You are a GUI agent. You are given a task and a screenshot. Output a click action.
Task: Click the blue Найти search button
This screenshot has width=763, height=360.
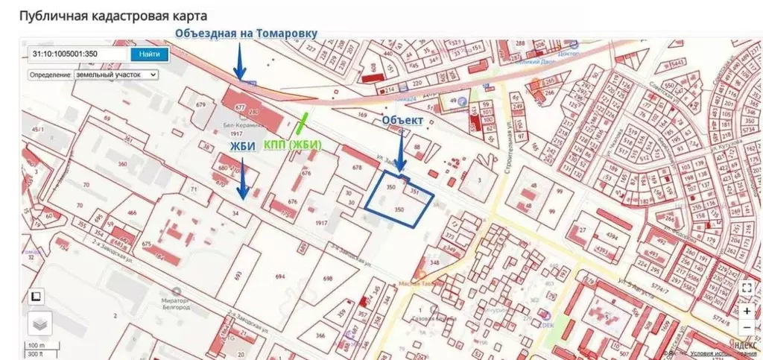tap(148, 54)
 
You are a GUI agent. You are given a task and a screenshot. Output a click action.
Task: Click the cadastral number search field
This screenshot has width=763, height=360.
tap(78, 54)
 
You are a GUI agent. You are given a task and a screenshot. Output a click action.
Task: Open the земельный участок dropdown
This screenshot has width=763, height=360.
tap(93, 75)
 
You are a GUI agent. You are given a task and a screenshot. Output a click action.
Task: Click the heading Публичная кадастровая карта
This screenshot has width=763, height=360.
tap(113, 16)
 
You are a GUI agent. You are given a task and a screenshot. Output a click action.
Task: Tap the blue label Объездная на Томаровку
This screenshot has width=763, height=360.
tap(246, 33)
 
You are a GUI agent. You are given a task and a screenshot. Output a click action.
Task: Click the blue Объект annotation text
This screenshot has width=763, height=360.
tap(402, 120)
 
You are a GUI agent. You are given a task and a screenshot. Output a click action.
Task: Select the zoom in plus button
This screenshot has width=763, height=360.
tap(747, 309)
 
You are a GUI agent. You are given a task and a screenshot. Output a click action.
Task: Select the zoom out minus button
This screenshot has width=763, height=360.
tap(747, 327)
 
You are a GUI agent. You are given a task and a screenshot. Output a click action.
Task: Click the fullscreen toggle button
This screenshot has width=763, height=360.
tap(747, 287)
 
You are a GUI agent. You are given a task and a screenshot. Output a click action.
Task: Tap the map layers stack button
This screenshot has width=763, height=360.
tap(40, 324)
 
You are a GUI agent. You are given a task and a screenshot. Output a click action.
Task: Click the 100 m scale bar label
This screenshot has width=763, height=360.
tap(37, 345)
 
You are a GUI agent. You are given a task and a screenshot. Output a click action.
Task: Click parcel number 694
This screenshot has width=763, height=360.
tap(280, 277)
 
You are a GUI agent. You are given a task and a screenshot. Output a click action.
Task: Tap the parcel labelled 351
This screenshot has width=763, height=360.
tap(415, 192)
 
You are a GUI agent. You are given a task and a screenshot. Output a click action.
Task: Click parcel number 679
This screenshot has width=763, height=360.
tap(200, 105)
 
